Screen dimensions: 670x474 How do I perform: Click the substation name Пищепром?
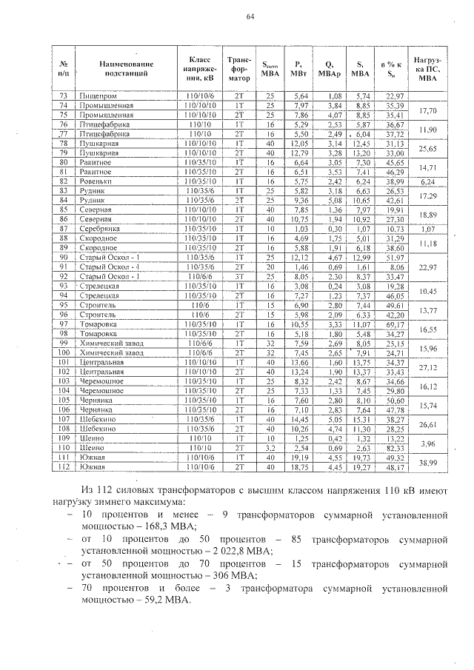97,96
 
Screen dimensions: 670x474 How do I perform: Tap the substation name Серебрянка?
100,229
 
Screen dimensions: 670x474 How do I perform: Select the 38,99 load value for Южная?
427,462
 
